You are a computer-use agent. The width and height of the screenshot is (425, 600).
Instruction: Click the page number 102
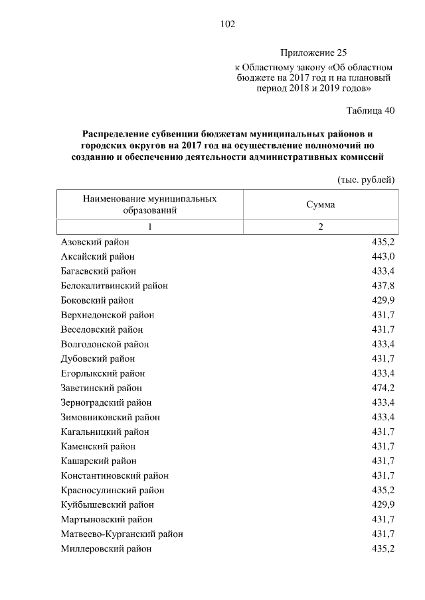[228, 25]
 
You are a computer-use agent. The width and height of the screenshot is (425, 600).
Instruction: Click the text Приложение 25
[313, 52]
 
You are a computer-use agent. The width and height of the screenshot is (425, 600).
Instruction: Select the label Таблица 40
[371, 110]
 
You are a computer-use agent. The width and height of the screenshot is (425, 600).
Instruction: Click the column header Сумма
[320, 204]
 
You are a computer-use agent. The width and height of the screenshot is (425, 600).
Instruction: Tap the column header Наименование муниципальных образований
[149, 204]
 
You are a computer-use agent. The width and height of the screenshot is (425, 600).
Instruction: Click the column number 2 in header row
[320, 227]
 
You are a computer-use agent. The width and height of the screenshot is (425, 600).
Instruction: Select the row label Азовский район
[94, 242]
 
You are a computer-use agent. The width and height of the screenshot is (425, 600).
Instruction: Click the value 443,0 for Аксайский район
[383, 257]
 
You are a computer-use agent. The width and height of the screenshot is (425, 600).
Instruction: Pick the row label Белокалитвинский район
[114, 286]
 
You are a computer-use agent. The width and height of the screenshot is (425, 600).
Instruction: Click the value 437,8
[383, 286]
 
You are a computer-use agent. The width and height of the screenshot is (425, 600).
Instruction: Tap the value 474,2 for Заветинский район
[383, 388]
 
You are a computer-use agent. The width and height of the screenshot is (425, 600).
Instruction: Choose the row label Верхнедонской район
[107, 315]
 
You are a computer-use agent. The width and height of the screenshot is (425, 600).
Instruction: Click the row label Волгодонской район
[104, 344]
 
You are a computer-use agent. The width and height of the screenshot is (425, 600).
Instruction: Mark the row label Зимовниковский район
[110, 417]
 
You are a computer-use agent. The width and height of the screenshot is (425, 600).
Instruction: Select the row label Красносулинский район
[112, 490]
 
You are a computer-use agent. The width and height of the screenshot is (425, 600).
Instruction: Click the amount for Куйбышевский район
[383, 505]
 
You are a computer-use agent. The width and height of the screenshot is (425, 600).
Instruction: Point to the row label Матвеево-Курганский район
[122, 534]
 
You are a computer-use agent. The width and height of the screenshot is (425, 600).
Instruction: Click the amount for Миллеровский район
[383, 548]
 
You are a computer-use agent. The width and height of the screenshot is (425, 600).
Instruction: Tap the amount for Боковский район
[383, 300]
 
